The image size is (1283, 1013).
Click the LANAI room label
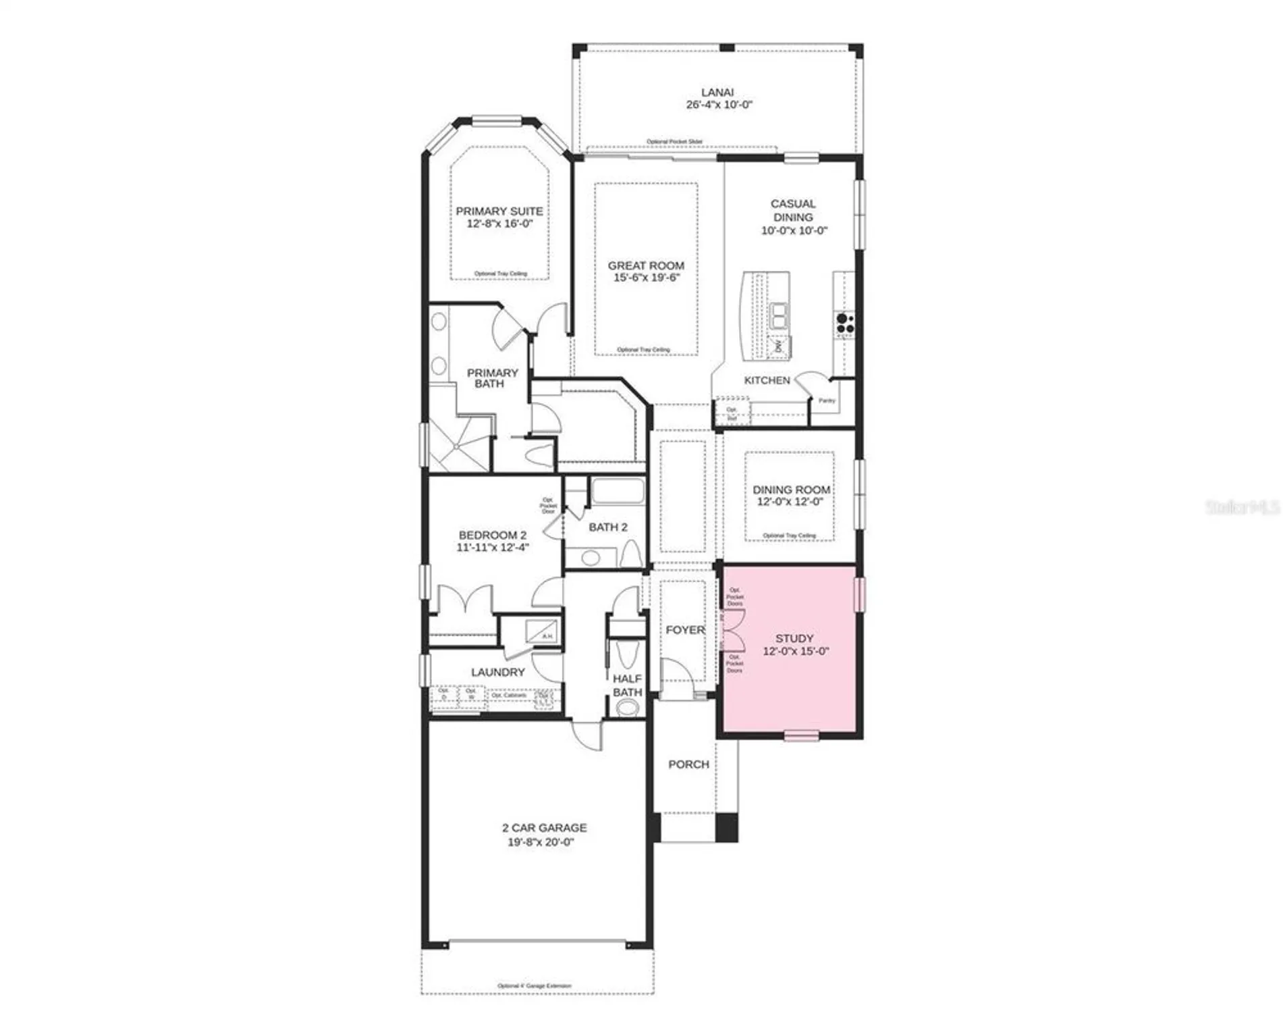[717, 92]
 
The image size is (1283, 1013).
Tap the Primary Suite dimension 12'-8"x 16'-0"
[499, 224]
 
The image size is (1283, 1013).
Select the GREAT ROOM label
[646, 265]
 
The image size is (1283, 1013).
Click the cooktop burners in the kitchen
[845, 323]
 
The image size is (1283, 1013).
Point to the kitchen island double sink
[780, 315]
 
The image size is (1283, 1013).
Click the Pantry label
[827, 400]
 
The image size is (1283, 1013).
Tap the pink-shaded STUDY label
[794, 638]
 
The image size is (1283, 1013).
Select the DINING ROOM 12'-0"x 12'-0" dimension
[790, 502]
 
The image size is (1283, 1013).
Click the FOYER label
[685, 629]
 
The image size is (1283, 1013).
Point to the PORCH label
[688, 764]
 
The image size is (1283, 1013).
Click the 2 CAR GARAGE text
[544, 827]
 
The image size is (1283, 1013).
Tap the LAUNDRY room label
[497, 672]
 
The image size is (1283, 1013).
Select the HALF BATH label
[627, 685]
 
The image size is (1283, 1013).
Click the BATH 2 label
[607, 527]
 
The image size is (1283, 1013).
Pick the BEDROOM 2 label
[492, 535]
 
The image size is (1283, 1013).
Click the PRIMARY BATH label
[492, 378]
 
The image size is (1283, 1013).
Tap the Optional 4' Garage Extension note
[534, 986]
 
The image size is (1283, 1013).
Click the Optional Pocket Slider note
[674, 142]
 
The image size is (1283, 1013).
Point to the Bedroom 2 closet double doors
[464, 600]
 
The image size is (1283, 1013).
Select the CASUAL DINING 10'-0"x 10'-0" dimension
[794, 230]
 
